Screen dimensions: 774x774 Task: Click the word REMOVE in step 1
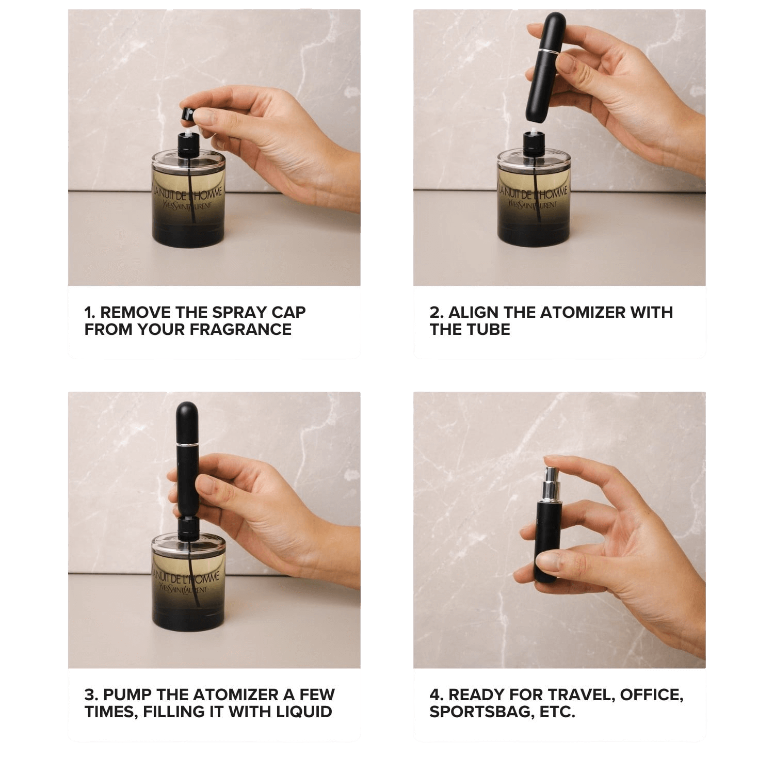coord(135,312)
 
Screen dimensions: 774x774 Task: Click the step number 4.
coord(435,695)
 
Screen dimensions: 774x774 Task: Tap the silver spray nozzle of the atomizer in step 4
coord(548,482)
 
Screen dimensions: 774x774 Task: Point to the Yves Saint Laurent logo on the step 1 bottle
coord(187,206)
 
